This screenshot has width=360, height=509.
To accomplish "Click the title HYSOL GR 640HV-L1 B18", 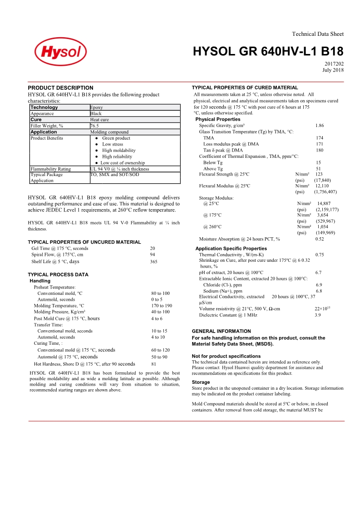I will point(268,51).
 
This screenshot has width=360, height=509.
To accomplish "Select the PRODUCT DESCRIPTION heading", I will point(60,88).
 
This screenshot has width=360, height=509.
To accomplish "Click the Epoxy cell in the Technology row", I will point(97,108).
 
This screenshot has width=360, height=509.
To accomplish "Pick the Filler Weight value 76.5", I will point(94,126).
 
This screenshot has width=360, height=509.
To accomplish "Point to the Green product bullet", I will point(116,138).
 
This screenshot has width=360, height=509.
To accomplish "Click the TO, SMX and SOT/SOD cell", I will point(115,175).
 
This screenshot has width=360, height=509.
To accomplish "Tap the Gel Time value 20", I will point(153,248).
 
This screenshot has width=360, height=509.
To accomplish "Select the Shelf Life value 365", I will point(153,262).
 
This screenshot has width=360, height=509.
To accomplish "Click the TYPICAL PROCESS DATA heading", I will point(58,274).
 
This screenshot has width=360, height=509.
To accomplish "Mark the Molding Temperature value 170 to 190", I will point(162,306).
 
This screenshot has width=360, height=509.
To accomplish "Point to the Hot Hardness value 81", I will point(154,364).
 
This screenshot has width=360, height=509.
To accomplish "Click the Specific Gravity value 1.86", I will point(319,125).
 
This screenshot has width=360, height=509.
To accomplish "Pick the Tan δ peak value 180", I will point(320,150).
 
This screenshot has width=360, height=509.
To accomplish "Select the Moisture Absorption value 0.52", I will point(320,239).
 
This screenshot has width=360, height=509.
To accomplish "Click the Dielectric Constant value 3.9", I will point(318,315).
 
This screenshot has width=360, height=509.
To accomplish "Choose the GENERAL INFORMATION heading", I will point(221,331).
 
